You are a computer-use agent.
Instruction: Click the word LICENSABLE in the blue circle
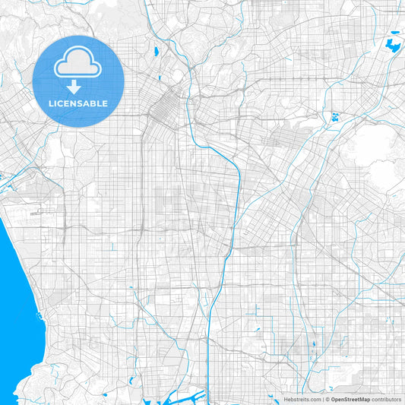(x=78, y=103)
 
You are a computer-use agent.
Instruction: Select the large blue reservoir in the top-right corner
(x=394, y=45)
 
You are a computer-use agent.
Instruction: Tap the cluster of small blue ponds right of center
(x=334, y=118)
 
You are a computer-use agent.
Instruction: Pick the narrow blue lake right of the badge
(x=155, y=52)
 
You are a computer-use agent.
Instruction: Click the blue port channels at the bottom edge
(x=196, y=396)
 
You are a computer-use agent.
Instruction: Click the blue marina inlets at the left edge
(x=4, y=179)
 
